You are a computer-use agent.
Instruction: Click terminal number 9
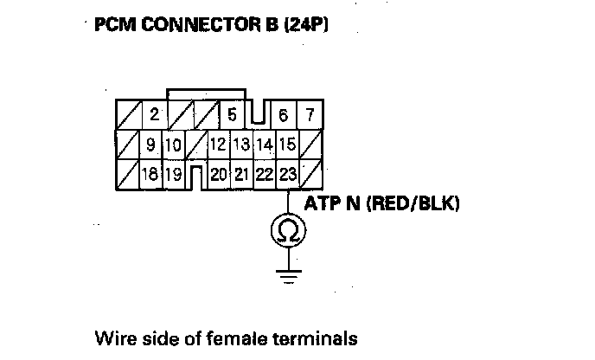coord(150,145)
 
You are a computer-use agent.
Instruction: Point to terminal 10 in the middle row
coord(173,145)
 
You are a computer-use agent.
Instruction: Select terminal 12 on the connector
coord(218,145)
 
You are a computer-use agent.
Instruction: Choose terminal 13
coord(241,145)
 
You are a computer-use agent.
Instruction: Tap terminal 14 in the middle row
coord(265,145)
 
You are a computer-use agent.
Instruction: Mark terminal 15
coord(287,145)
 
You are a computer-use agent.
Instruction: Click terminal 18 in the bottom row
coord(150,174)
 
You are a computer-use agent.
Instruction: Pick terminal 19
coord(173,174)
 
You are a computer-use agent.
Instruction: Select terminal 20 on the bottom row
coord(218,174)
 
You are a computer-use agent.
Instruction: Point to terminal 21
coord(241,174)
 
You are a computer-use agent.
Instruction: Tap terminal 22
coord(265,174)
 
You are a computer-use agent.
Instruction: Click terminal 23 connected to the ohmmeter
coord(287,174)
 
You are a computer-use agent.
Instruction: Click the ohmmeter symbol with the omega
coord(287,230)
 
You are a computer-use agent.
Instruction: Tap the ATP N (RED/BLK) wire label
coord(381,205)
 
